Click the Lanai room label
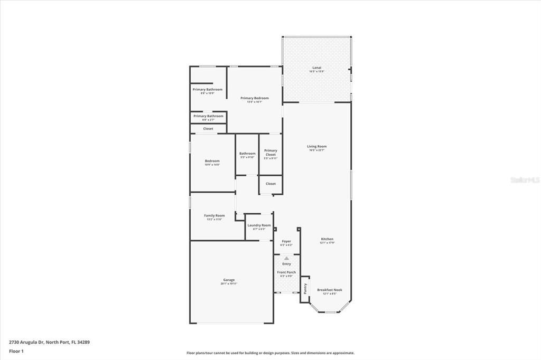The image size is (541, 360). point(317,68)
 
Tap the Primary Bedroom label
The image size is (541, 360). point(254,98)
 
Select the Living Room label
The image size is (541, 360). point(317,146)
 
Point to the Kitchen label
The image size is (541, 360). point(327,239)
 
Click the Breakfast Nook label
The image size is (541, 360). point(330,290)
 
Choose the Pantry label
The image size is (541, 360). point(305,289)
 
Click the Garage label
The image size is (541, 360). point(229,280)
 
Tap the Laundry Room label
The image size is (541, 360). point(259,225)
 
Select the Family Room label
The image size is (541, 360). point(214,215)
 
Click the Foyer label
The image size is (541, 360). point(286,241)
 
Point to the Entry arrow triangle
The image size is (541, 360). point(286,258)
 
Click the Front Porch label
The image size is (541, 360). point(286,272)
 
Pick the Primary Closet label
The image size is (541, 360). point(270,152)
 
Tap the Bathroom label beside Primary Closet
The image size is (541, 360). point(247,154)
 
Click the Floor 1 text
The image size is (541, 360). point(16,350)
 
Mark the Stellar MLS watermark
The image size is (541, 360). point(524,180)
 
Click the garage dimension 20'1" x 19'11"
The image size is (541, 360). point(229,283)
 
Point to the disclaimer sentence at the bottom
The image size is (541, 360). point(270,353)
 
